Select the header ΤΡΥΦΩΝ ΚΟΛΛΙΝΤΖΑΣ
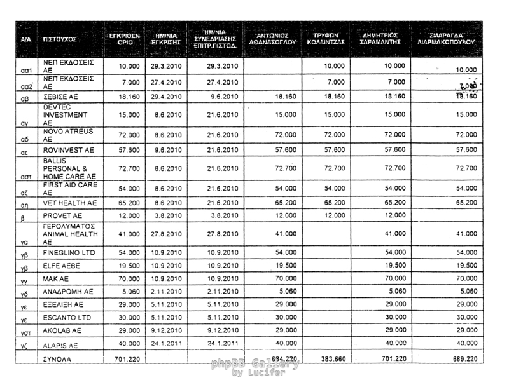pyautogui.click(x=329, y=38)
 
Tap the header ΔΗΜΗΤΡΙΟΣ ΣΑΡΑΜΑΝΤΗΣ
pyautogui.click(x=380, y=38)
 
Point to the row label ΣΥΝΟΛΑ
pyautogui.click(x=57, y=360)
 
